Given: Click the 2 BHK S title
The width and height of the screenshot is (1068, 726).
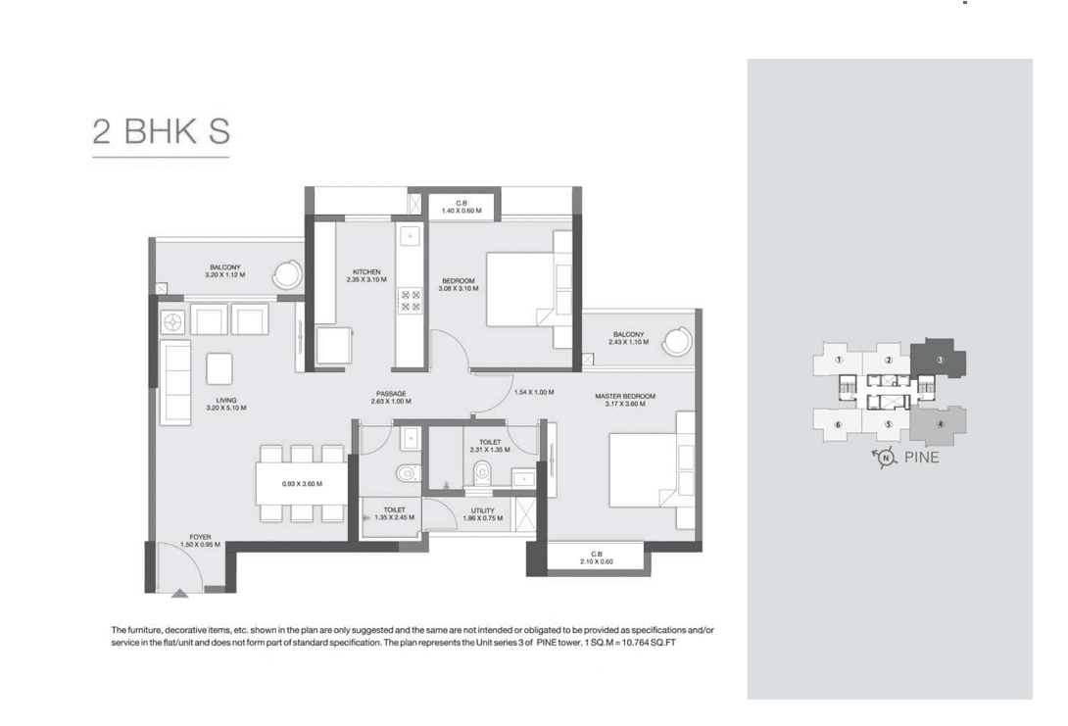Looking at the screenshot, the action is coord(162,131).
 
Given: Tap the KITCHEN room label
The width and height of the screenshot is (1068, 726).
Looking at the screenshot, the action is coord(366,271).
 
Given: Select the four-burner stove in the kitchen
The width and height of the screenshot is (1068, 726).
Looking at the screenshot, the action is coord(410,301).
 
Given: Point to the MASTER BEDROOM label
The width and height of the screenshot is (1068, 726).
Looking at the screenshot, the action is coord(625,396).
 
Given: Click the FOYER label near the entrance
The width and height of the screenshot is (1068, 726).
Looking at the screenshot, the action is coord(200,537).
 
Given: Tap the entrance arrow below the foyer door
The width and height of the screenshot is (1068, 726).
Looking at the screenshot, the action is coord(179,593).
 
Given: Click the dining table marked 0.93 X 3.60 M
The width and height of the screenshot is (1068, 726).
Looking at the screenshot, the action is coord(302,484).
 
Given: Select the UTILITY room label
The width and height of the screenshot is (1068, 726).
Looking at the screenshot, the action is coord(483,510).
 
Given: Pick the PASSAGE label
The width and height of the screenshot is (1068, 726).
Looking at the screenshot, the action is coord(391,394).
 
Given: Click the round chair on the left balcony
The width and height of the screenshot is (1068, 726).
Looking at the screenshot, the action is coord(287,275).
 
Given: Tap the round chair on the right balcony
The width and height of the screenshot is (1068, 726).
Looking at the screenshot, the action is coord(678,341).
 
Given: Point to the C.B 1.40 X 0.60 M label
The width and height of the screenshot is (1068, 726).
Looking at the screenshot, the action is coord(461,207).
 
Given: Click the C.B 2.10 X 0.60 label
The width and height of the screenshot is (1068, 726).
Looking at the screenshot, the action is coord(597,557).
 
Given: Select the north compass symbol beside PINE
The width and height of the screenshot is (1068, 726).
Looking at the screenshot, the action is coord(886,458).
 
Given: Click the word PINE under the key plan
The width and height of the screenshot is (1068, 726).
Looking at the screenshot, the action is coord(922,457).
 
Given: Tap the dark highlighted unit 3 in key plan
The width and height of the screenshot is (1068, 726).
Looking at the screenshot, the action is coord(938,359).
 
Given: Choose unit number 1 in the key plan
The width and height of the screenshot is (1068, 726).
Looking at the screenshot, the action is coord(839,360).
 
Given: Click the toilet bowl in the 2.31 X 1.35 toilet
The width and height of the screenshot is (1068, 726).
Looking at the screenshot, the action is coord(482,471).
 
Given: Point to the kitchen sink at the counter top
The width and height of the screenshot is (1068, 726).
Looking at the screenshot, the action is coord(410,236).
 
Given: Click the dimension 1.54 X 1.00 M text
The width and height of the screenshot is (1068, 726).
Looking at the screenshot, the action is coord(533,392).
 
